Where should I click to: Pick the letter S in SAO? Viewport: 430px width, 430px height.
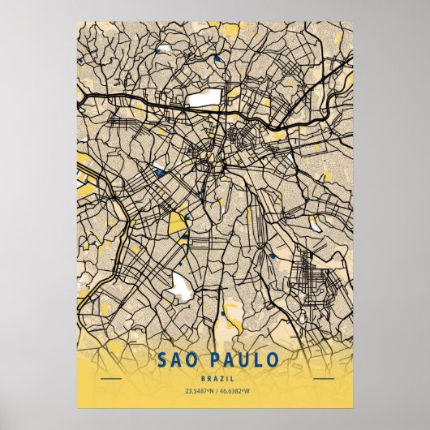[156, 359]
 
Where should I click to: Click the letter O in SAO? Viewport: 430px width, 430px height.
[191, 359]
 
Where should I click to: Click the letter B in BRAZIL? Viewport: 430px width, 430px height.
[199, 376]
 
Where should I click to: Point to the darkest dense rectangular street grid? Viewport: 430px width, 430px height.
[307, 275]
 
